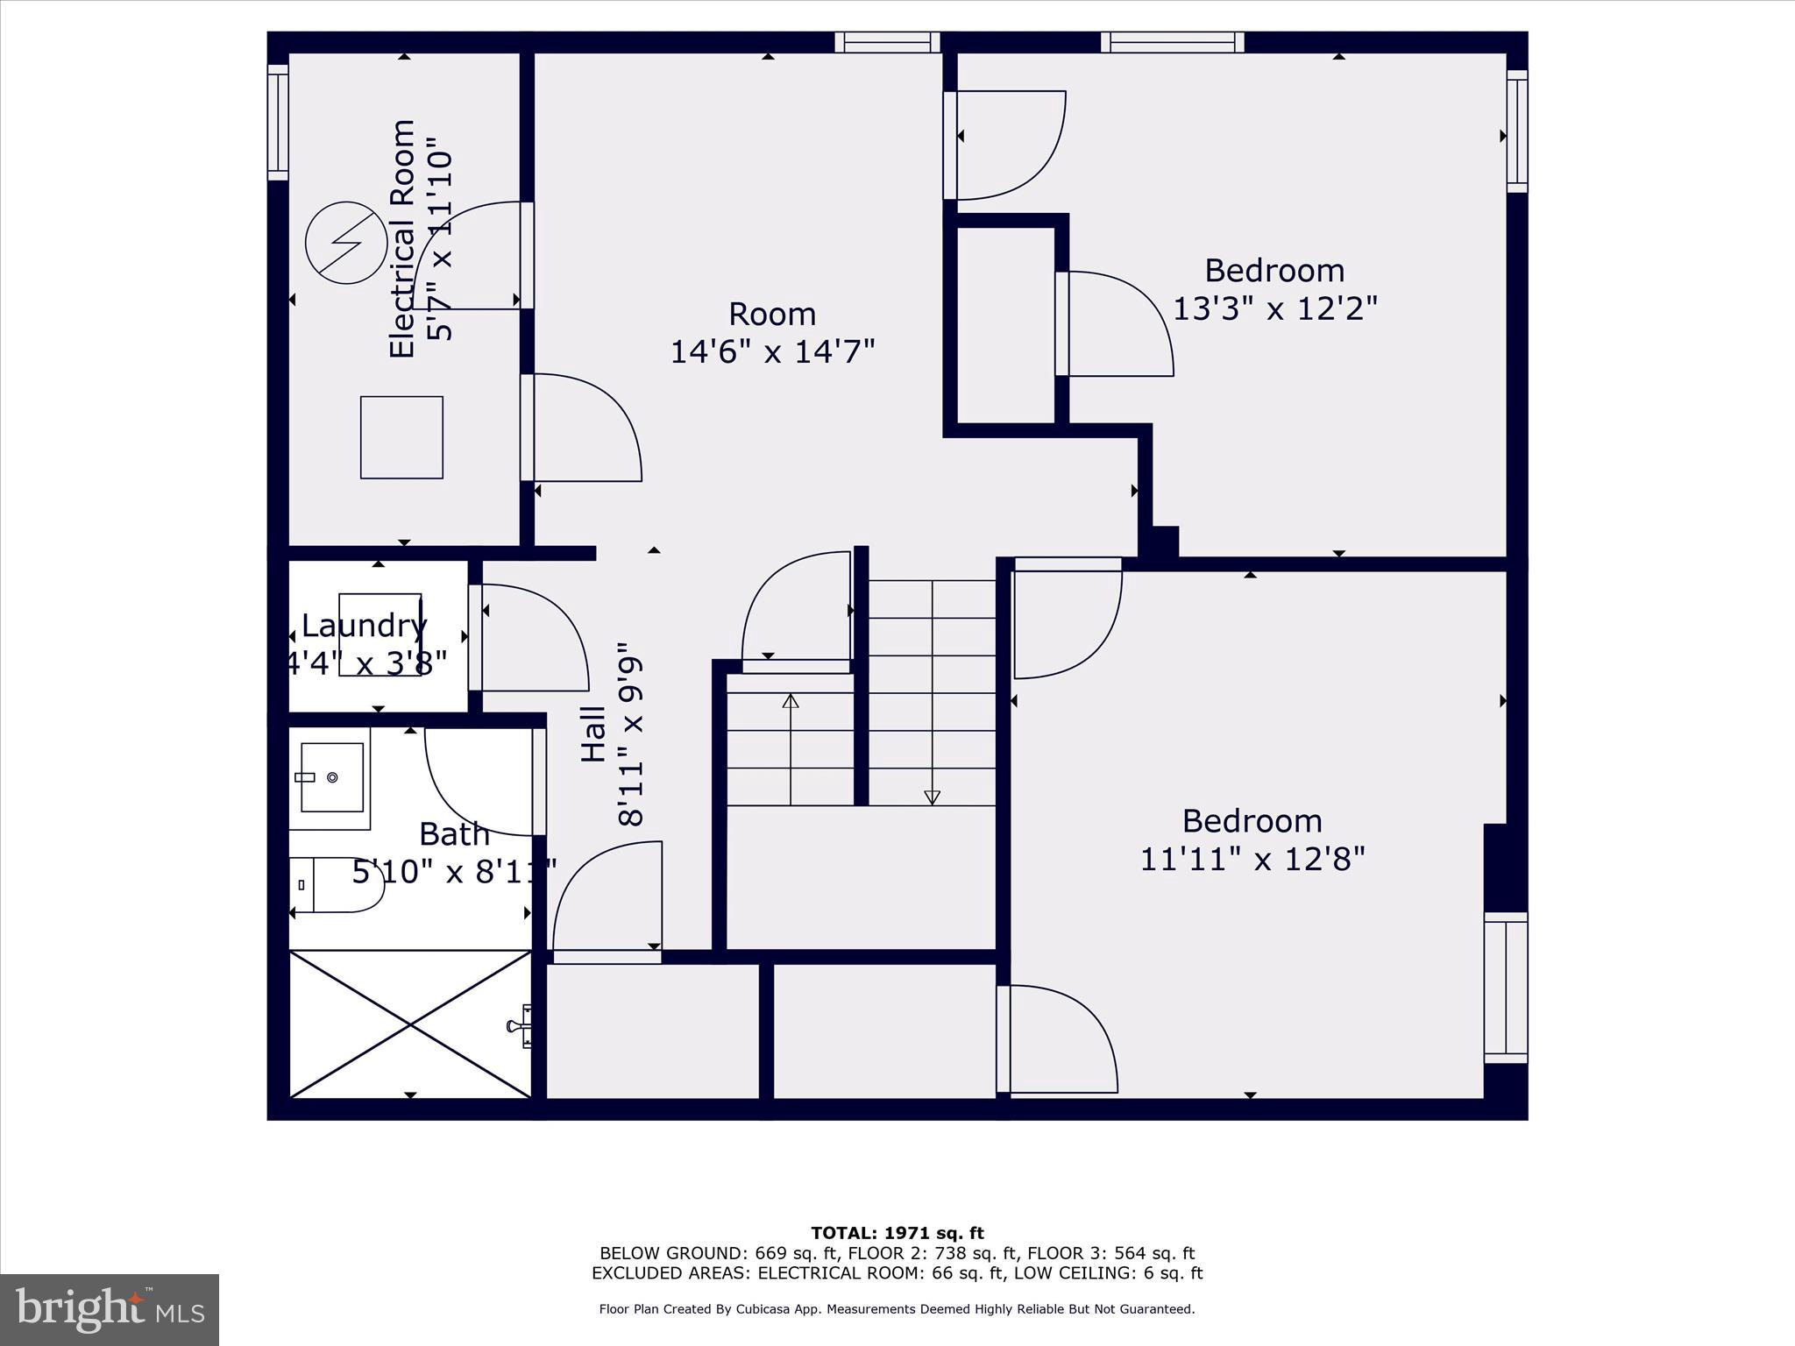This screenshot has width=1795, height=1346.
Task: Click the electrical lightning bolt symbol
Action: click(346, 244)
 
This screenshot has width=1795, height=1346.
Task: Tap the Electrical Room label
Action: click(401, 238)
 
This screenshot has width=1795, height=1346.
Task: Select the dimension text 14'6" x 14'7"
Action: click(772, 352)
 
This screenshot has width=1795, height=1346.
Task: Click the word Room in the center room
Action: click(772, 314)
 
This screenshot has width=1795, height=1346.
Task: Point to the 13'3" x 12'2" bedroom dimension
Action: click(1274, 308)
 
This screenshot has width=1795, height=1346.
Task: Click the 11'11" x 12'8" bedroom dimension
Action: click(1252, 859)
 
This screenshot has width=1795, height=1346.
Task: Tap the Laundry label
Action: click(364, 626)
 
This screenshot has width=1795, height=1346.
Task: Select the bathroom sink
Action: click(331, 777)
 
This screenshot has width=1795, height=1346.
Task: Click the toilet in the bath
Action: click(337, 885)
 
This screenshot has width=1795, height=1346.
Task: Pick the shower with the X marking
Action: click(410, 1024)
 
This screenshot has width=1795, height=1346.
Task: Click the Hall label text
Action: click(594, 733)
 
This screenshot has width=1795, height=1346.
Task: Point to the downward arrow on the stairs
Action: click(932, 797)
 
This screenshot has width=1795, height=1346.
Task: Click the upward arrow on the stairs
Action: click(791, 701)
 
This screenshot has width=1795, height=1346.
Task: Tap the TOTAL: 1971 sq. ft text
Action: click(897, 1233)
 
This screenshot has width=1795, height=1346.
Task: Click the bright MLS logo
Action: click(110, 1309)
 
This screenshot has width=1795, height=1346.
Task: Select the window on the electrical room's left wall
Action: click(278, 123)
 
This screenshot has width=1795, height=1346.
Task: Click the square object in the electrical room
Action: click(401, 437)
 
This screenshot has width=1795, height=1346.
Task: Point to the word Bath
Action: click(453, 834)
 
